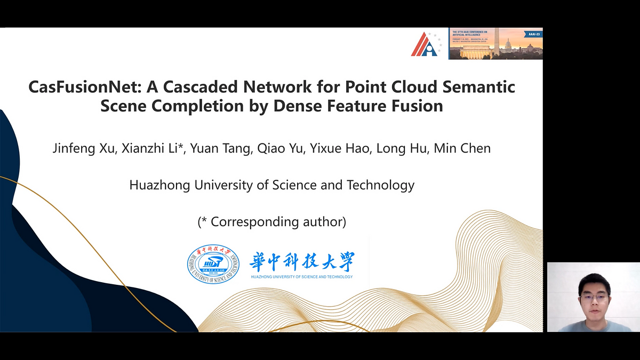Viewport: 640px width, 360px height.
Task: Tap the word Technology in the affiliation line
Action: pyautogui.click(x=380, y=185)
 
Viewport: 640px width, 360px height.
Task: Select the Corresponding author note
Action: pyautogui.click(x=272, y=222)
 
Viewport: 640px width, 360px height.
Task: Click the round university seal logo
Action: pyautogui.click(x=213, y=264)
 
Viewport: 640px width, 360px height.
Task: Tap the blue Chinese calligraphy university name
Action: pyautogui.click(x=301, y=261)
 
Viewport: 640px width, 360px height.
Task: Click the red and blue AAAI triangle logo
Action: pyautogui.click(x=425, y=44)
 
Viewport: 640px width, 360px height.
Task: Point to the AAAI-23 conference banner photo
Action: pyautogui.click(x=495, y=44)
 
